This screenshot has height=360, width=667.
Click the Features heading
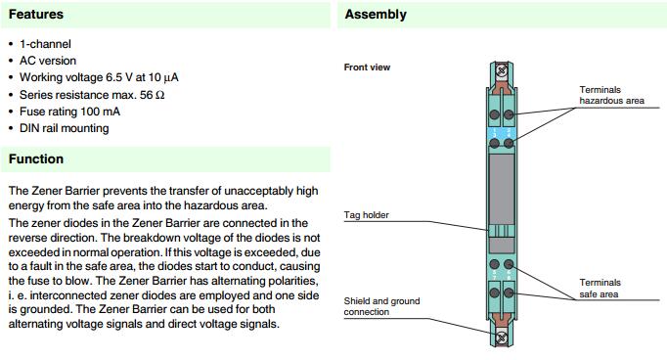point(36,14)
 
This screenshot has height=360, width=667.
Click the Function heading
point(36,158)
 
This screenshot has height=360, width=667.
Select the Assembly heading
point(376,15)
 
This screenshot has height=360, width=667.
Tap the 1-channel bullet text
point(45,44)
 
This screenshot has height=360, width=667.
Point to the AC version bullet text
point(48,61)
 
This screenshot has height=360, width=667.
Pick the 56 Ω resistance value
point(152,95)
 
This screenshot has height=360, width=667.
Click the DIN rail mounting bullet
point(64,128)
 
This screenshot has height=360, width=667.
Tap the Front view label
point(367,67)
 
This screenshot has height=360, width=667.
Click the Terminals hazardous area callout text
point(611,95)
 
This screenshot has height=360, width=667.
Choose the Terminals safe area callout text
point(600,289)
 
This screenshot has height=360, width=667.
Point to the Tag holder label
point(366,215)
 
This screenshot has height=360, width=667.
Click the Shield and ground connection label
point(381,306)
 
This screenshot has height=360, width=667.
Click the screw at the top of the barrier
point(502,70)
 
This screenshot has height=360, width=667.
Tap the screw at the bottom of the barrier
point(502,337)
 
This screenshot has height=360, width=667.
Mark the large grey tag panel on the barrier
point(502,189)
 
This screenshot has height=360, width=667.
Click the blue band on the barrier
point(502,134)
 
